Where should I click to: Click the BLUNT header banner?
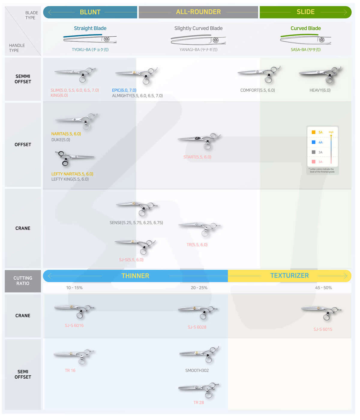click(90, 12)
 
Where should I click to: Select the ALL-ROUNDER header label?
click(198, 12)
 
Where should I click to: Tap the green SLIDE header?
click(305, 12)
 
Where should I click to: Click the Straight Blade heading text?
click(90, 28)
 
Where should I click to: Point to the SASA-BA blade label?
click(305, 49)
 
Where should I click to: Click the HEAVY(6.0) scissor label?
click(320, 90)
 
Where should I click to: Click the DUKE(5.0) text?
click(61, 140)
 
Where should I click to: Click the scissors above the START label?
click(199, 140)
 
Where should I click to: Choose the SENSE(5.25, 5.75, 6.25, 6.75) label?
click(136, 223)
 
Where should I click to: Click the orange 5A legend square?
click(313, 132)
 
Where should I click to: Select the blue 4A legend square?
click(313, 142)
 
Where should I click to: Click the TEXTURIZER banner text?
click(289, 276)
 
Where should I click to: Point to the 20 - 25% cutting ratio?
click(199, 288)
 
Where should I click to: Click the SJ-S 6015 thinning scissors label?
click(323, 329)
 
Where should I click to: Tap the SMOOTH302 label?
click(197, 370)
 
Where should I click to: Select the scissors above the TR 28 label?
click(199, 390)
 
